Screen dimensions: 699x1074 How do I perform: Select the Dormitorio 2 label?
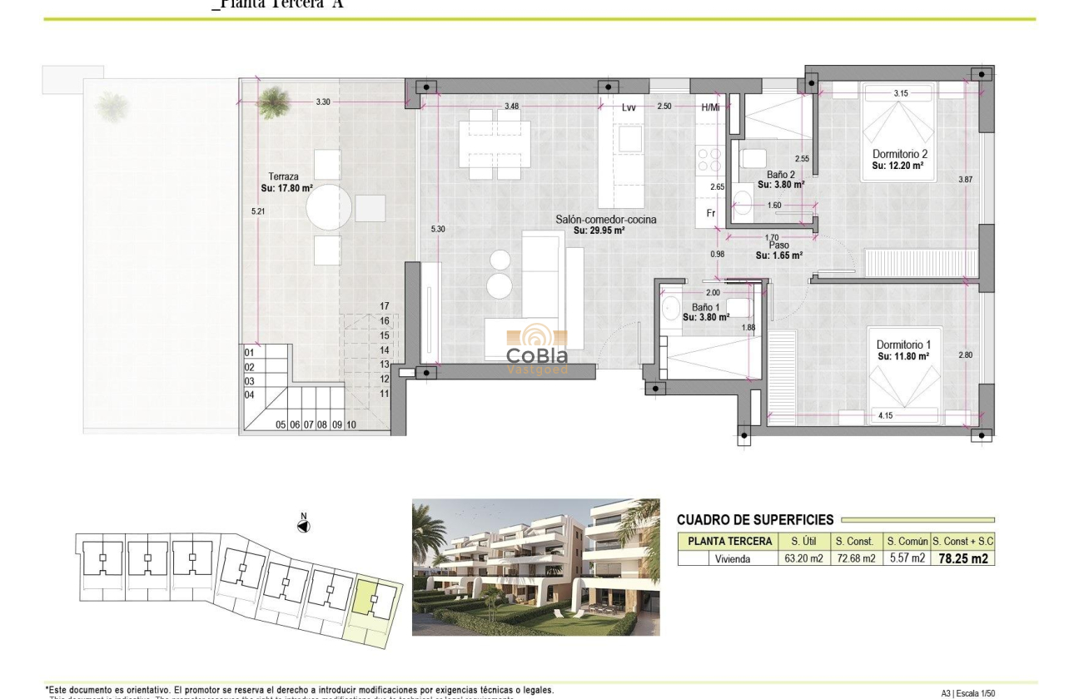(900, 155)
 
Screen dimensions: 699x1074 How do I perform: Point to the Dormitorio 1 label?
(903, 345)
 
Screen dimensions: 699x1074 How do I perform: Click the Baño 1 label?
(705, 307)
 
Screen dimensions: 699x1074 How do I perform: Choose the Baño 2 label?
(780, 175)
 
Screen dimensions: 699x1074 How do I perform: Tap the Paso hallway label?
(778, 245)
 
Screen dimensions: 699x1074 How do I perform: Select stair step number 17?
(385, 306)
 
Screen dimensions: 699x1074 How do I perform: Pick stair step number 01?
(249, 353)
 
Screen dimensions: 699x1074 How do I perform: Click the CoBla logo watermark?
(537, 349)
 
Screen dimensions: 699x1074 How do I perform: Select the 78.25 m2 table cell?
(962, 558)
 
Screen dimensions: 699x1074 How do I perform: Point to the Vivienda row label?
(733, 558)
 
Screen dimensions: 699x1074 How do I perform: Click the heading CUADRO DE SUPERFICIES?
(754, 520)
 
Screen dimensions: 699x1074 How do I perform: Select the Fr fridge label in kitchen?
(711, 213)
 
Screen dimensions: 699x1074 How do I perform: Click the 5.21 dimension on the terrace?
(256, 212)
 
